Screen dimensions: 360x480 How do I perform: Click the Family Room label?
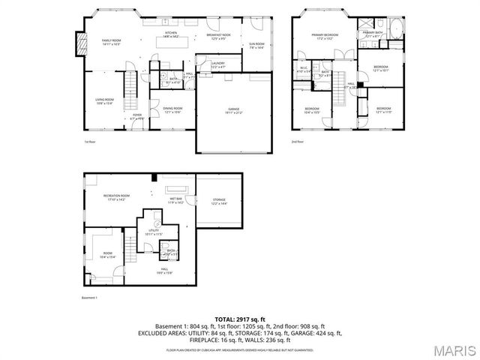click(x=111, y=42)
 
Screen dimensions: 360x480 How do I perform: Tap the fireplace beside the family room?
click(x=79, y=41)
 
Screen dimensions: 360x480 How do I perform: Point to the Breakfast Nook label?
click(x=218, y=37)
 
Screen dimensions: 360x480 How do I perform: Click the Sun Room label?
click(x=256, y=46)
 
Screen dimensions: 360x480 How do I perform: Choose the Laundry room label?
click(x=218, y=65)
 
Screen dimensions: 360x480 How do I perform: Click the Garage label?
click(x=234, y=111)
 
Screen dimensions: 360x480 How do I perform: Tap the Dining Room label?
click(x=172, y=110)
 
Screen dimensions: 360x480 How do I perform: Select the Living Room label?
click(x=104, y=101)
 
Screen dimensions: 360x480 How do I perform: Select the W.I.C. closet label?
click(x=304, y=70)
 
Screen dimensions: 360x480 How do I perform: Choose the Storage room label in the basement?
click(x=218, y=202)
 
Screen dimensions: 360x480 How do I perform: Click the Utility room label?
click(x=153, y=232)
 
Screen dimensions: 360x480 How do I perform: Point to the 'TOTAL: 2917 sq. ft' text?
click(x=240, y=318)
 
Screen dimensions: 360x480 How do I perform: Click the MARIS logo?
click(x=448, y=350)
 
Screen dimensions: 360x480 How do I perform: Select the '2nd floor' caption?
click(x=298, y=141)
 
